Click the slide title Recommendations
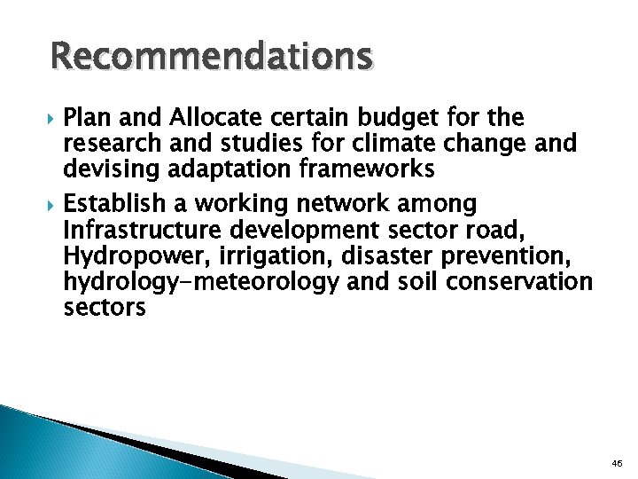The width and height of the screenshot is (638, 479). [212, 56]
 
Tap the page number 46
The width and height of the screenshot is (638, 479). [617, 463]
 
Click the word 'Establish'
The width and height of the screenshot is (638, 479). [118, 205]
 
